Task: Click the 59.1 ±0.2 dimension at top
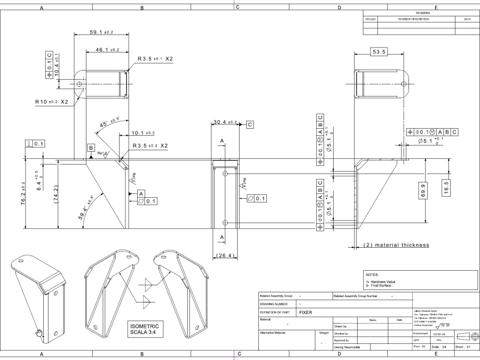click(101, 32)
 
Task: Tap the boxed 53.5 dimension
click(379, 52)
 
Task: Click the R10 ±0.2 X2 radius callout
click(52, 102)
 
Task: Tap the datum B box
click(91, 148)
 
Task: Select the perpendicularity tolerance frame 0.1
click(35, 144)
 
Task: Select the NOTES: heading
click(373, 275)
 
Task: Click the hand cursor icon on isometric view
click(39, 333)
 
